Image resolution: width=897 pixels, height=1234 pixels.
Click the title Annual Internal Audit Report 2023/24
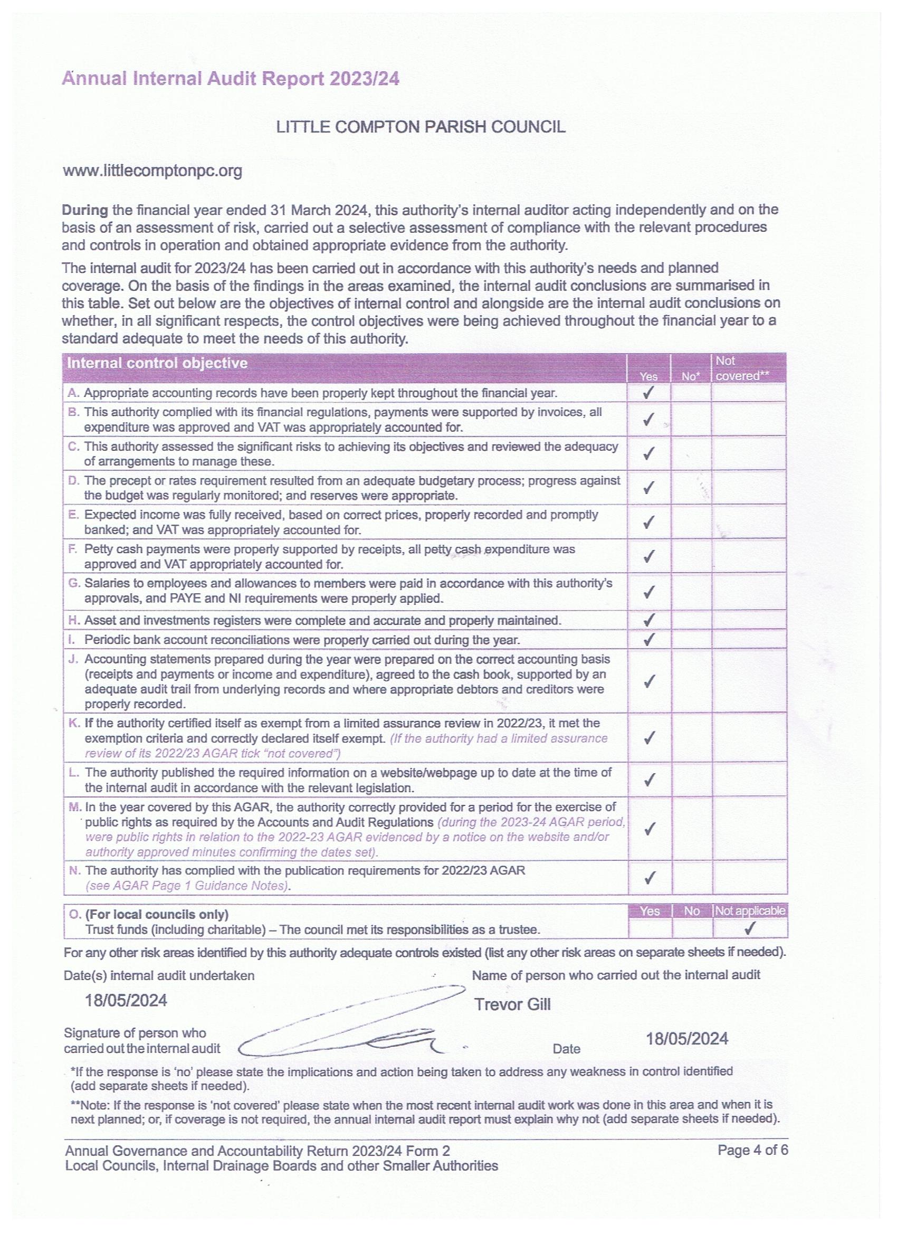point(231,80)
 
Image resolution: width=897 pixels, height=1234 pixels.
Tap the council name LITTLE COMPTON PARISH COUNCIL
point(421,127)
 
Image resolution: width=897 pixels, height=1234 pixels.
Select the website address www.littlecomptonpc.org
point(153,172)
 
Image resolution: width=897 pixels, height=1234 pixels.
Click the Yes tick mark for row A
point(647,393)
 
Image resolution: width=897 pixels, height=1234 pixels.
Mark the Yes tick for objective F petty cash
point(647,556)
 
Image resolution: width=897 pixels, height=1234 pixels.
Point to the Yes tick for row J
point(647,681)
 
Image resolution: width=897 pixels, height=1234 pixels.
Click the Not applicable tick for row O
point(750,929)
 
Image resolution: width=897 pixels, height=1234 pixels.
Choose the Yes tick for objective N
point(648,878)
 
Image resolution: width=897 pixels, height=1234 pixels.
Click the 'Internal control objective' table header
point(157,363)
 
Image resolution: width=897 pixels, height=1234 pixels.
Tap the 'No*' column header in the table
point(690,376)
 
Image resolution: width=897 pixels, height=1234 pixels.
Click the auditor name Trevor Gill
point(512,1004)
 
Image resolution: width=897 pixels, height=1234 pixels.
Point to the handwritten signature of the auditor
point(348,1023)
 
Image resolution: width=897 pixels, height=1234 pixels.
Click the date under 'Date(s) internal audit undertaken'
point(126,1001)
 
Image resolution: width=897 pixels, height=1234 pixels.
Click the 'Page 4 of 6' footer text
point(752,1150)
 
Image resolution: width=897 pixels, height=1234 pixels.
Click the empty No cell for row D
point(690,488)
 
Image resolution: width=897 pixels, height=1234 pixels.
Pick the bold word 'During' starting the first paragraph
point(85,210)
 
